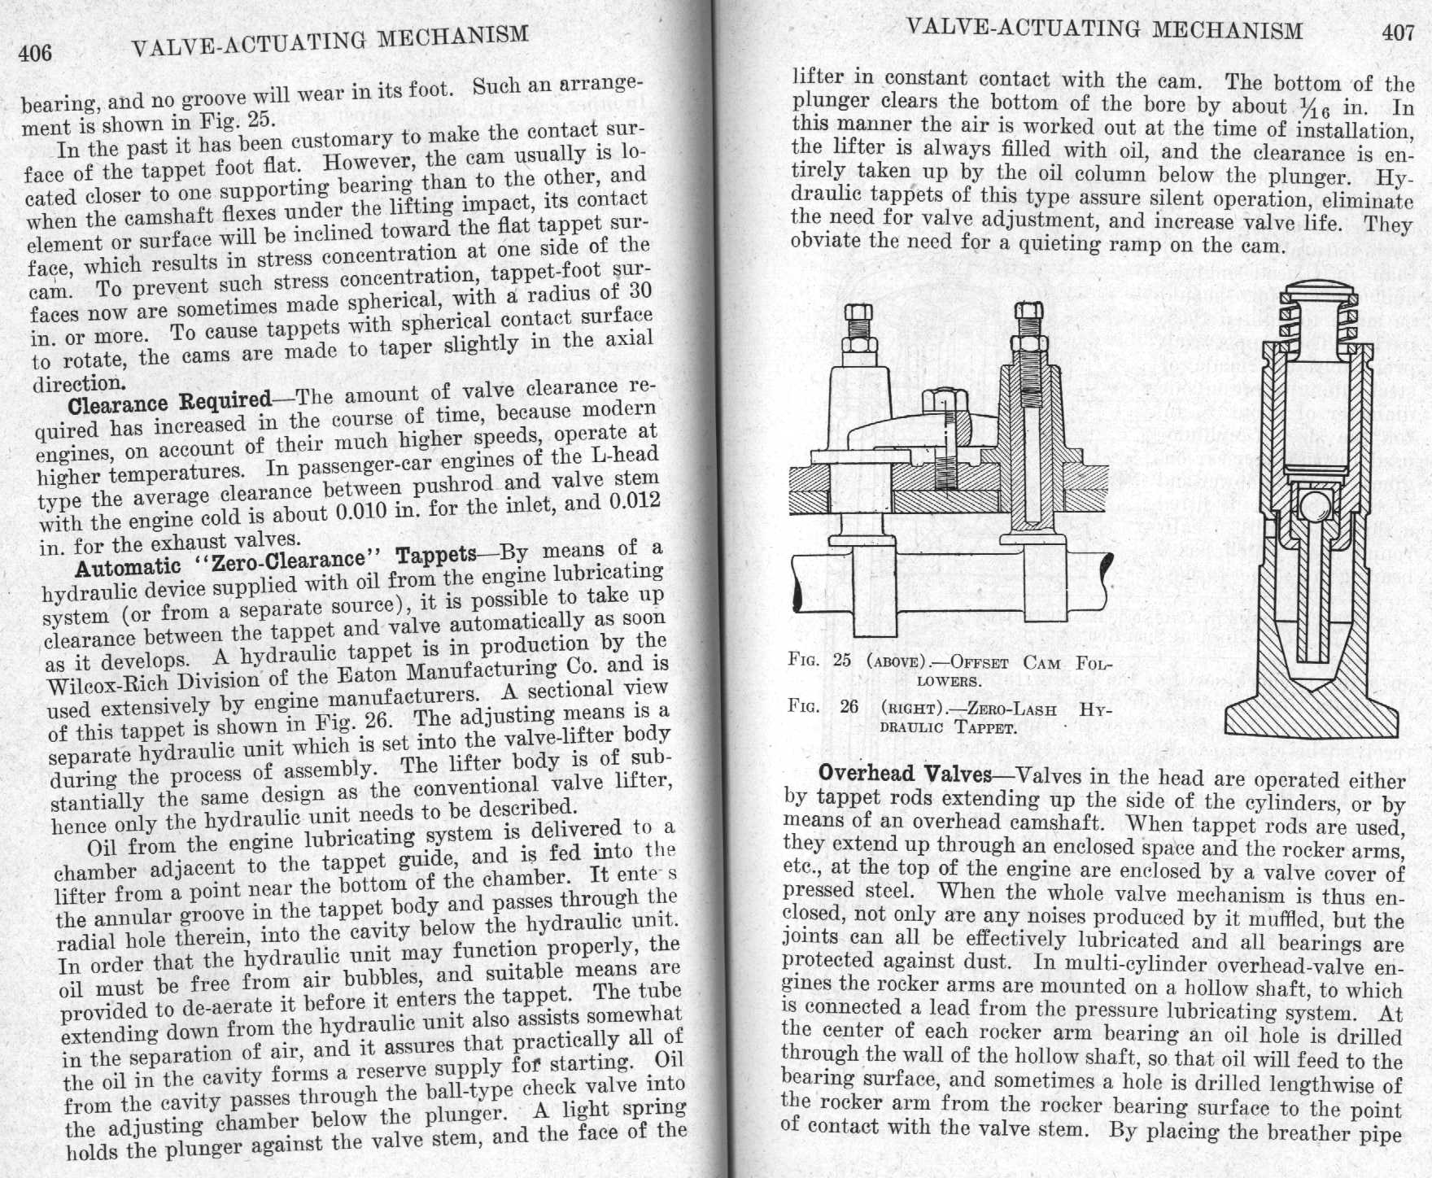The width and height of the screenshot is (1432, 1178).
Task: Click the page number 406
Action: pyautogui.click(x=36, y=53)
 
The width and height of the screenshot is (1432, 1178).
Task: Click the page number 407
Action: pyautogui.click(x=1397, y=33)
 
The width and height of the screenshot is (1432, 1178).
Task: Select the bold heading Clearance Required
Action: pyautogui.click(x=170, y=402)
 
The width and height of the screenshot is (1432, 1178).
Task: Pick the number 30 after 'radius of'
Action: pyautogui.click(x=640, y=291)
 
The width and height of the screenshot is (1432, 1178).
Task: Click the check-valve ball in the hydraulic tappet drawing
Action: pyautogui.click(x=1312, y=505)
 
